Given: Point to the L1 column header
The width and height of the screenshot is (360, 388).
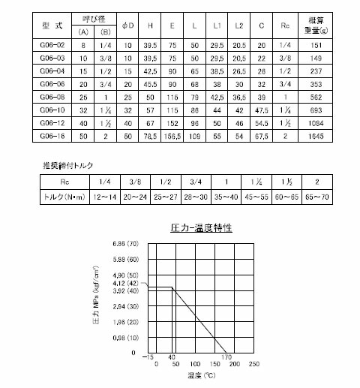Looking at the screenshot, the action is tap(217, 26).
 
